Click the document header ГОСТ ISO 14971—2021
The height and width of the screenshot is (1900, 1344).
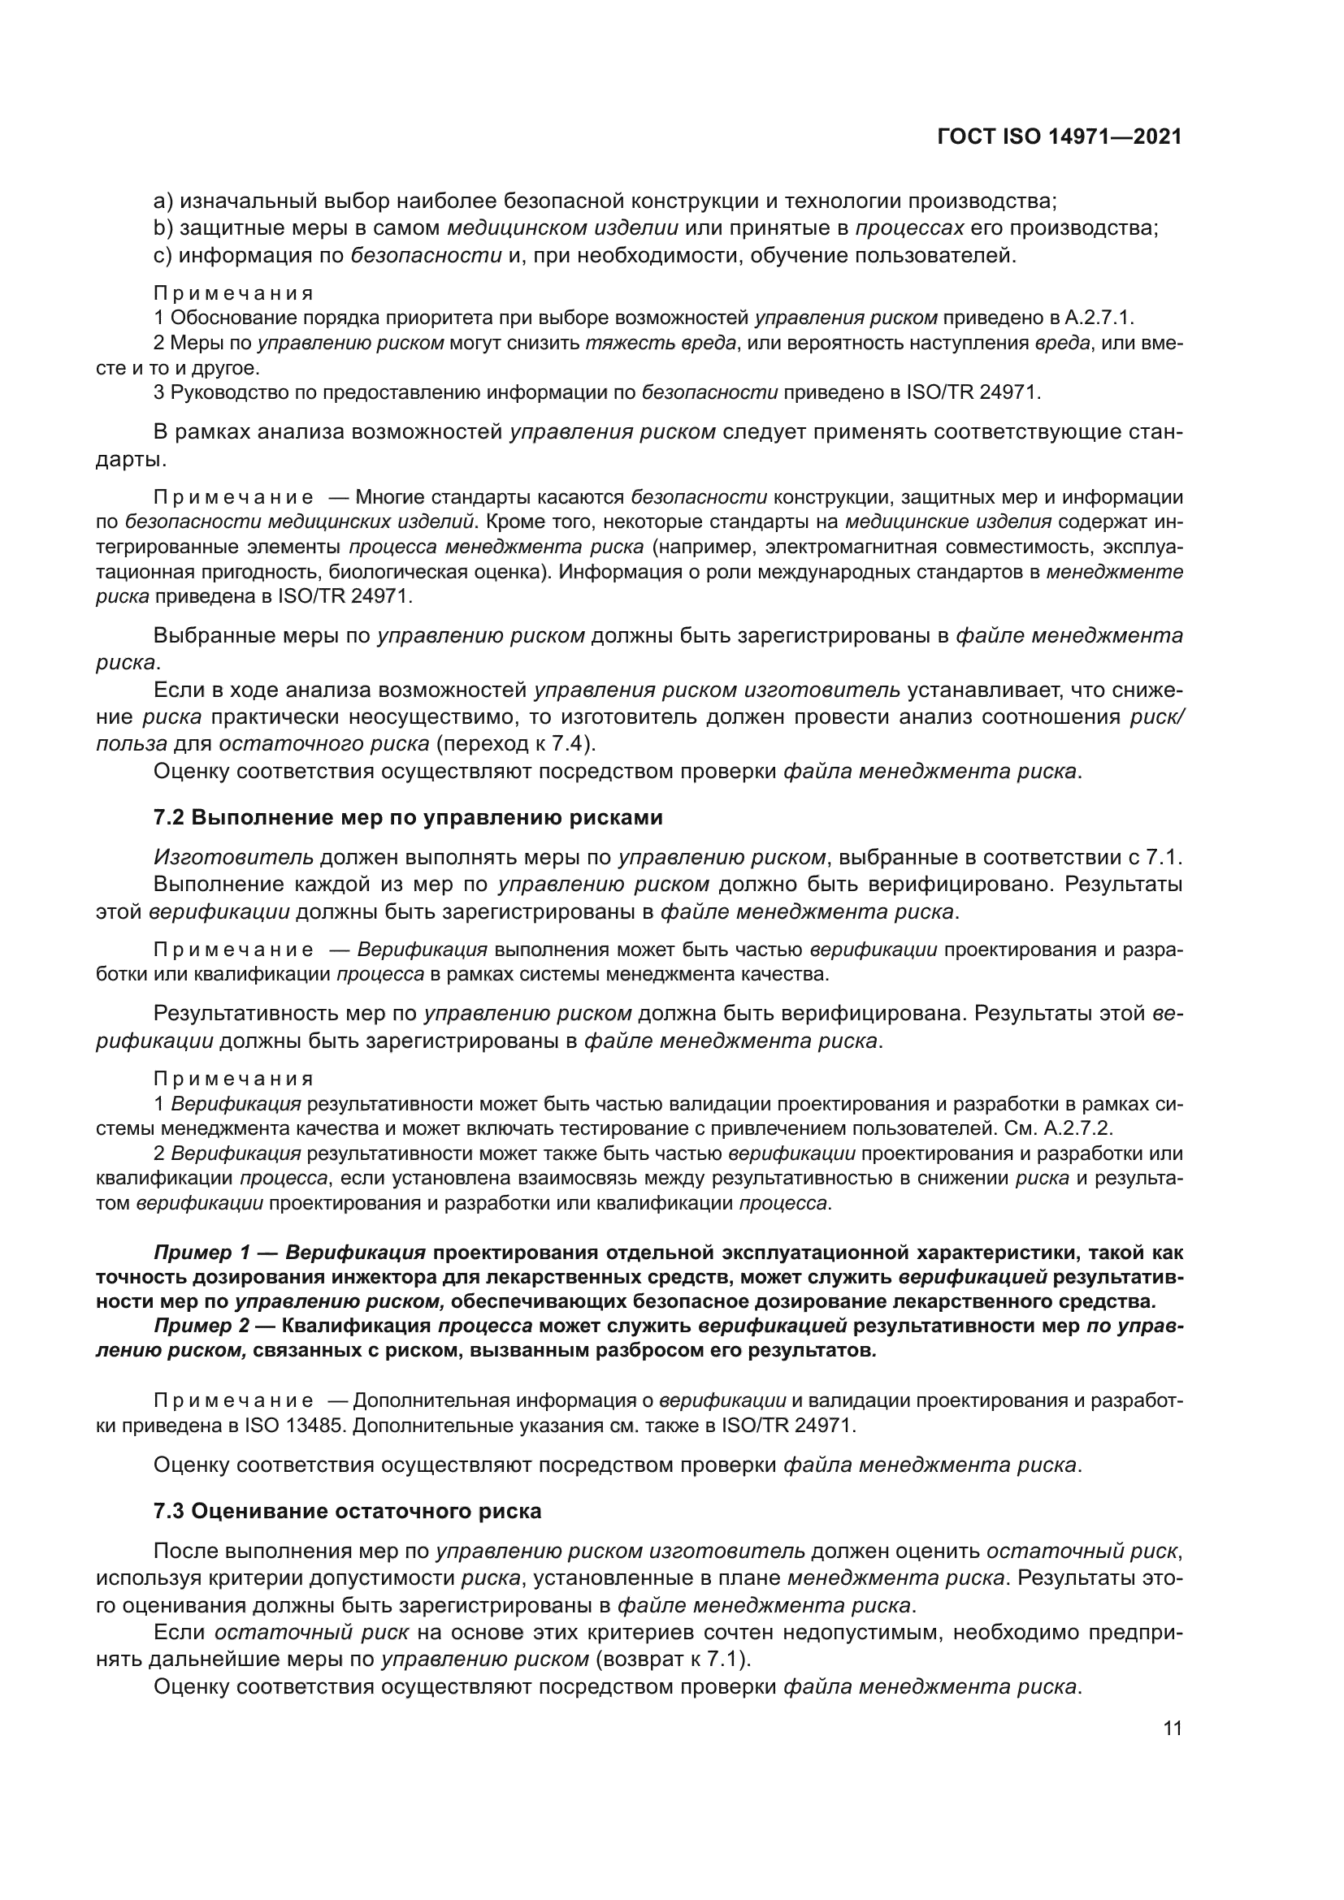(1060, 136)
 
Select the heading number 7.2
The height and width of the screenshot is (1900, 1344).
(169, 818)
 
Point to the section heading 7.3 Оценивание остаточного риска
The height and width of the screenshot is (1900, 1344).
(348, 1511)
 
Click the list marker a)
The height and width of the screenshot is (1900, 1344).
(163, 201)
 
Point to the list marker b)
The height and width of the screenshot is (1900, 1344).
(163, 227)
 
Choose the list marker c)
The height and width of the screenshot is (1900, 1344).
(163, 255)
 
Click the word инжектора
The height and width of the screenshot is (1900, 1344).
(360, 1277)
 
